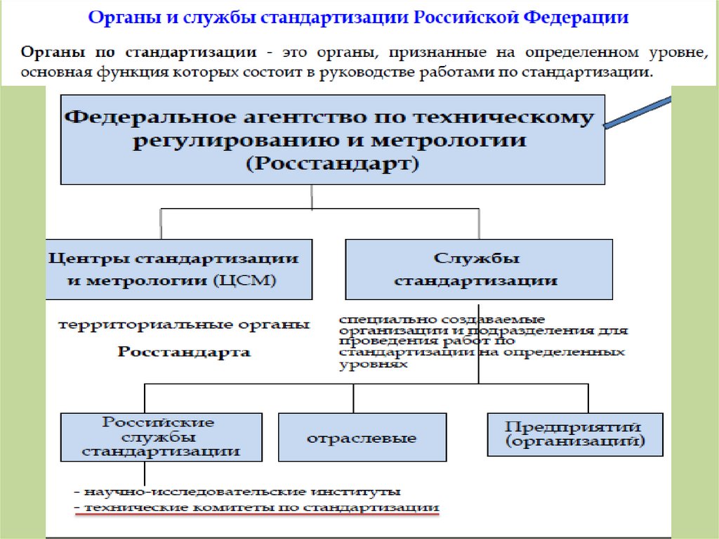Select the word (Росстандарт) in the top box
click(333, 164)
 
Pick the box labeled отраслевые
click(362, 438)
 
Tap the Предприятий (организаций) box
click(574, 433)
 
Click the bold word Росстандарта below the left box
click(184, 352)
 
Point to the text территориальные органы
click(183, 325)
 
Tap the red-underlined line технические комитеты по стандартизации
click(257, 507)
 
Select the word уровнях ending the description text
click(373, 365)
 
